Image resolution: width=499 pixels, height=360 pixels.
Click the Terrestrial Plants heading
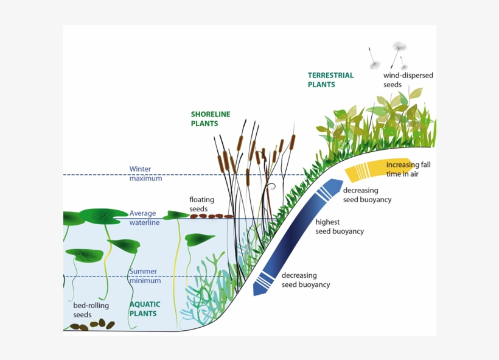pyautogui.click(x=330, y=80)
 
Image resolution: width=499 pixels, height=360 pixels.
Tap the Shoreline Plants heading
pyautogui.click(x=211, y=119)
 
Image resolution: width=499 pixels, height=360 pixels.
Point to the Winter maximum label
pyautogui.click(x=145, y=174)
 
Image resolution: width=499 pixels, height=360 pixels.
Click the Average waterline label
pyautogui.click(x=144, y=218)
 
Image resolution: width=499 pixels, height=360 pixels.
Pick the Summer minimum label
pyautogui.click(x=144, y=276)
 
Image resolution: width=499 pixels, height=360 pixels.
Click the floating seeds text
pyautogui.click(x=202, y=204)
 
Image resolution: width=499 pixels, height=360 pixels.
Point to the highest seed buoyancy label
pyautogui.click(x=339, y=227)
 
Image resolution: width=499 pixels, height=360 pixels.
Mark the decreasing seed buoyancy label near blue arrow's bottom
pyautogui.click(x=305, y=280)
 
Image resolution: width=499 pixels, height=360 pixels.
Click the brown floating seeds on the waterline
pyautogui.click(x=211, y=216)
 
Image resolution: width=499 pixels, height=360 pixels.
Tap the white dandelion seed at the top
pyautogui.click(x=400, y=47)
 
